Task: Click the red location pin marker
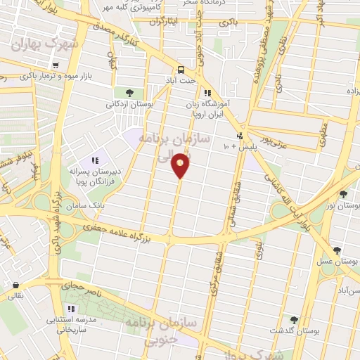[x=181, y=165]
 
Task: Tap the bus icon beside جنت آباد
[x=181, y=70]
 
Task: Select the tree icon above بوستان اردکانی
[x=129, y=92]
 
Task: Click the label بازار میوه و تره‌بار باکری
[x=65, y=75]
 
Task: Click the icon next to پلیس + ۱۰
[x=240, y=136]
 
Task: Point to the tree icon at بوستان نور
[x=342, y=194]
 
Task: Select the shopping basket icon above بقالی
[x=15, y=285]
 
